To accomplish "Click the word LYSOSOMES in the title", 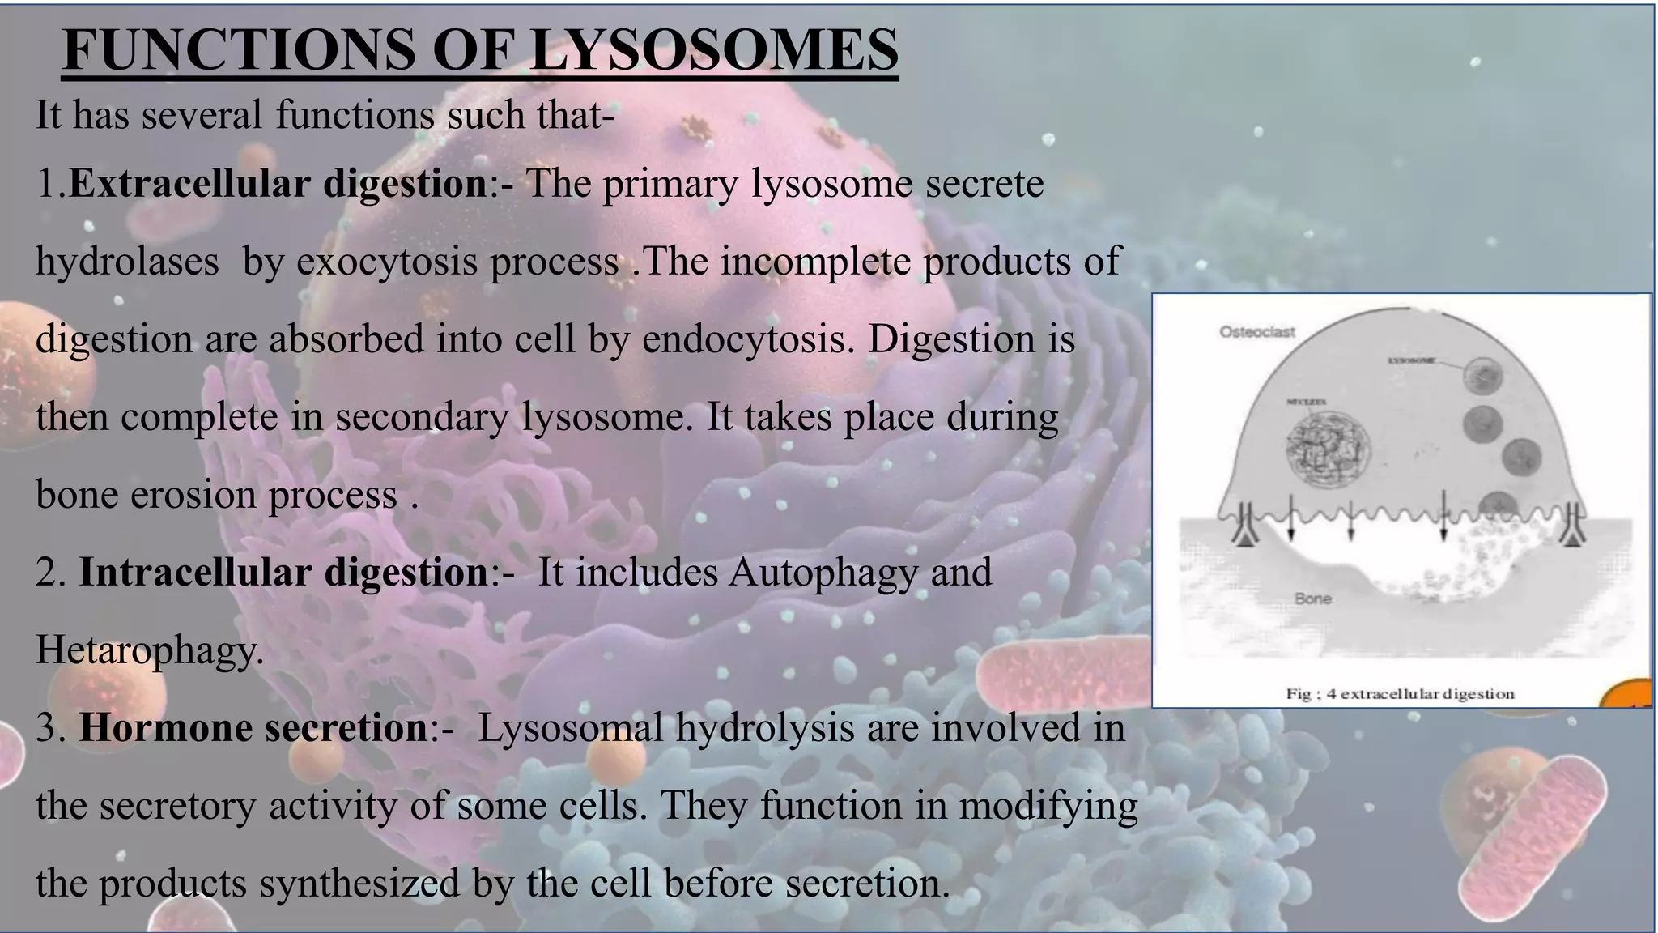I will click(x=713, y=50).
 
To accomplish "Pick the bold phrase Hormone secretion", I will click(x=253, y=727).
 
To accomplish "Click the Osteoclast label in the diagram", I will click(x=1256, y=332).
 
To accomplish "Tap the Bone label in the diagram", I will click(x=1312, y=599).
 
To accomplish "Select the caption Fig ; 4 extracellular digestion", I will click(x=1400, y=694).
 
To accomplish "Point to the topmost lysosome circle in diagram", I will click(x=1484, y=374).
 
